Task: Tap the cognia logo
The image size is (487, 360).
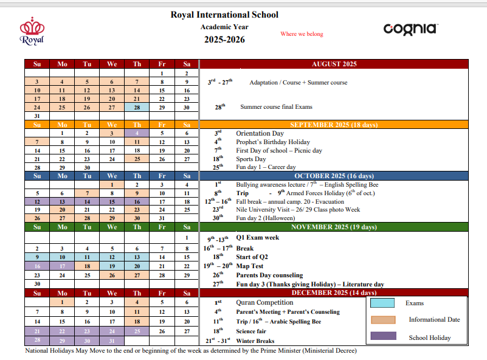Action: pyautogui.click(x=410, y=29)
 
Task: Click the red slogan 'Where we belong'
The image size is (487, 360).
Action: pyautogui.click(x=302, y=34)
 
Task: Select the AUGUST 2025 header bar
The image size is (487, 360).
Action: pyautogui.click(x=334, y=64)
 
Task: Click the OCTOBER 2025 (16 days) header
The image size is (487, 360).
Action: pyautogui.click(x=334, y=176)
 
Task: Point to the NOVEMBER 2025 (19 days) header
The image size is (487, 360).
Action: pyautogui.click(x=334, y=227)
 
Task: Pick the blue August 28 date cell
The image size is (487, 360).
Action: pyautogui.click(x=137, y=107)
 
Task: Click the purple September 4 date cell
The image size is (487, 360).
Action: pyautogui.click(x=137, y=133)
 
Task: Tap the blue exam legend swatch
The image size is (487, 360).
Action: pyautogui.click(x=382, y=303)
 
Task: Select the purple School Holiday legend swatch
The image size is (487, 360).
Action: pyautogui.click(x=382, y=336)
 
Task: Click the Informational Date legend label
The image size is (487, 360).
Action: pyautogui.click(x=434, y=319)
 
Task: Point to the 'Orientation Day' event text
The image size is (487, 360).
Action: pyautogui.click(x=260, y=133)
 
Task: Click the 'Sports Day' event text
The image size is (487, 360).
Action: pyautogui.click(x=250, y=159)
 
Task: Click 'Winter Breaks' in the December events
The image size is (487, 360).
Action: pyautogui.click(x=256, y=341)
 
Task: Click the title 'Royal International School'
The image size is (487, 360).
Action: pyautogui.click(x=225, y=15)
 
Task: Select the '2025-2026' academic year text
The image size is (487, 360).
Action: pyautogui.click(x=224, y=40)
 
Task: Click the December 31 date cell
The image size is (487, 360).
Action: pyautogui.click(x=112, y=341)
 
